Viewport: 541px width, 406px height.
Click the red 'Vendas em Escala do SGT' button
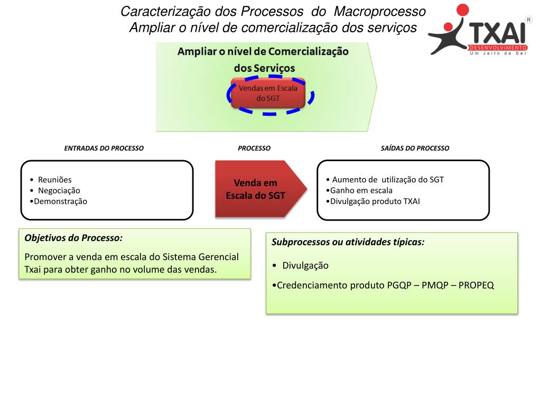click(268, 93)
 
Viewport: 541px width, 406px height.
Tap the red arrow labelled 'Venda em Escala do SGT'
click(257, 189)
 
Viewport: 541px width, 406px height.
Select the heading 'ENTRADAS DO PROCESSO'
click(104, 148)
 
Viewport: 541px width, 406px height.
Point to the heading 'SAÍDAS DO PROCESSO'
click(415, 148)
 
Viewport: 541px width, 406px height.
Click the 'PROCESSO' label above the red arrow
click(254, 148)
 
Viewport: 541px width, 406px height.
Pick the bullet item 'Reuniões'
click(54, 180)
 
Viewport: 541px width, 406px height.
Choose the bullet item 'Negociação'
click(59, 190)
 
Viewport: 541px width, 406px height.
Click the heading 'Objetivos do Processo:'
click(73, 238)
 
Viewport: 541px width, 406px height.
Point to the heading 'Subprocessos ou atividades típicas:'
click(348, 242)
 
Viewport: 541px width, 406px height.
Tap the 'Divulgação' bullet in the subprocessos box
click(305, 265)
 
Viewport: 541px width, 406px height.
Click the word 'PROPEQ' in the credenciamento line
click(476, 285)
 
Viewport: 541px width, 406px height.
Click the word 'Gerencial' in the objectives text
click(218, 257)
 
